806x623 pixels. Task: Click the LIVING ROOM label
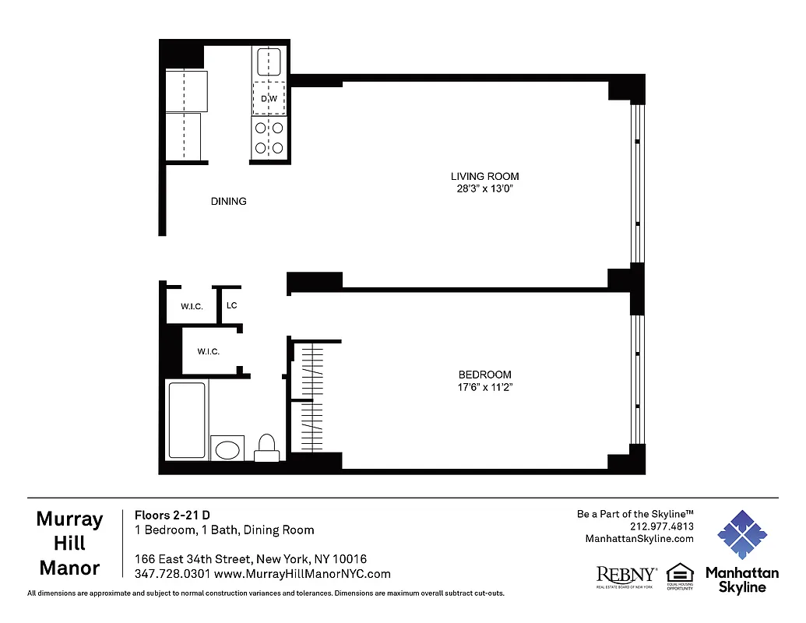click(484, 176)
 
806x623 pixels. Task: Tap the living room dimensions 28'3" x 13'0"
click(484, 188)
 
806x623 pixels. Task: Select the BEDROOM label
click(484, 374)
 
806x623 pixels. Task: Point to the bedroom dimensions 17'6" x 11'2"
click(484, 387)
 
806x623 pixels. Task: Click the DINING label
click(228, 201)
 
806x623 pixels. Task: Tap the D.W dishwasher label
click(269, 99)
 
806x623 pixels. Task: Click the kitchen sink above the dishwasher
click(269, 61)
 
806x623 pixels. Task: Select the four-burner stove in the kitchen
click(269, 138)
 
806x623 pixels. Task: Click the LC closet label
click(231, 305)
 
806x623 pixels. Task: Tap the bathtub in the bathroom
click(187, 420)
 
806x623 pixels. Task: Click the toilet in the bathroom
click(267, 448)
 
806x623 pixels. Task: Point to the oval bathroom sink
click(227, 449)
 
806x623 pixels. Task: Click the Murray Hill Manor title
click(69, 544)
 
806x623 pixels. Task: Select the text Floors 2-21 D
click(172, 515)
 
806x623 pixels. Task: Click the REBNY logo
click(625, 575)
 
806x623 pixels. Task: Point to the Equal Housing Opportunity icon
click(679, 575)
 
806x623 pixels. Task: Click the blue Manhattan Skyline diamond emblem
click(742, 536)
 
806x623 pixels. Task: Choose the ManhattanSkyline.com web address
click(639, 539)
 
